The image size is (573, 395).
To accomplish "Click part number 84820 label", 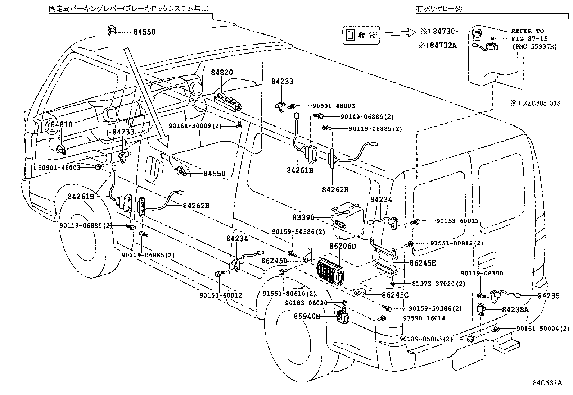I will pyautogui.click(x=222, y=72).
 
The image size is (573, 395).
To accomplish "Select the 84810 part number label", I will pyautogui.click(x=62, y=125).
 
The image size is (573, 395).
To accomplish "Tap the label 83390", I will pyautogui.click(x=303, y=217).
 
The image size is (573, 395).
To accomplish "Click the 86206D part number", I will pyautogui.click(x=342, y=246).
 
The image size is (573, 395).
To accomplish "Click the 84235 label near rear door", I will pyautogui.click(x=549, y=296).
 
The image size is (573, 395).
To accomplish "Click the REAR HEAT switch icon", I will pyautogui.click(x=361, y=35).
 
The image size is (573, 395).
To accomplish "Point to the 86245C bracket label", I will pyautogui.click(x=395, y=295).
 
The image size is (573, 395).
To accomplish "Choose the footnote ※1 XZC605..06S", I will pyautogui.click(x=535, y=103).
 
